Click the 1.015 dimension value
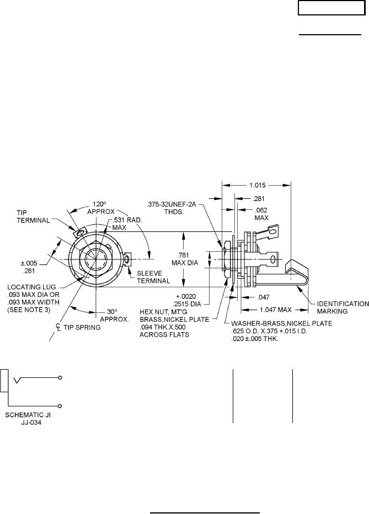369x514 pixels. coord(256,185)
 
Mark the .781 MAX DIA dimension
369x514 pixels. coord(185,258)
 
